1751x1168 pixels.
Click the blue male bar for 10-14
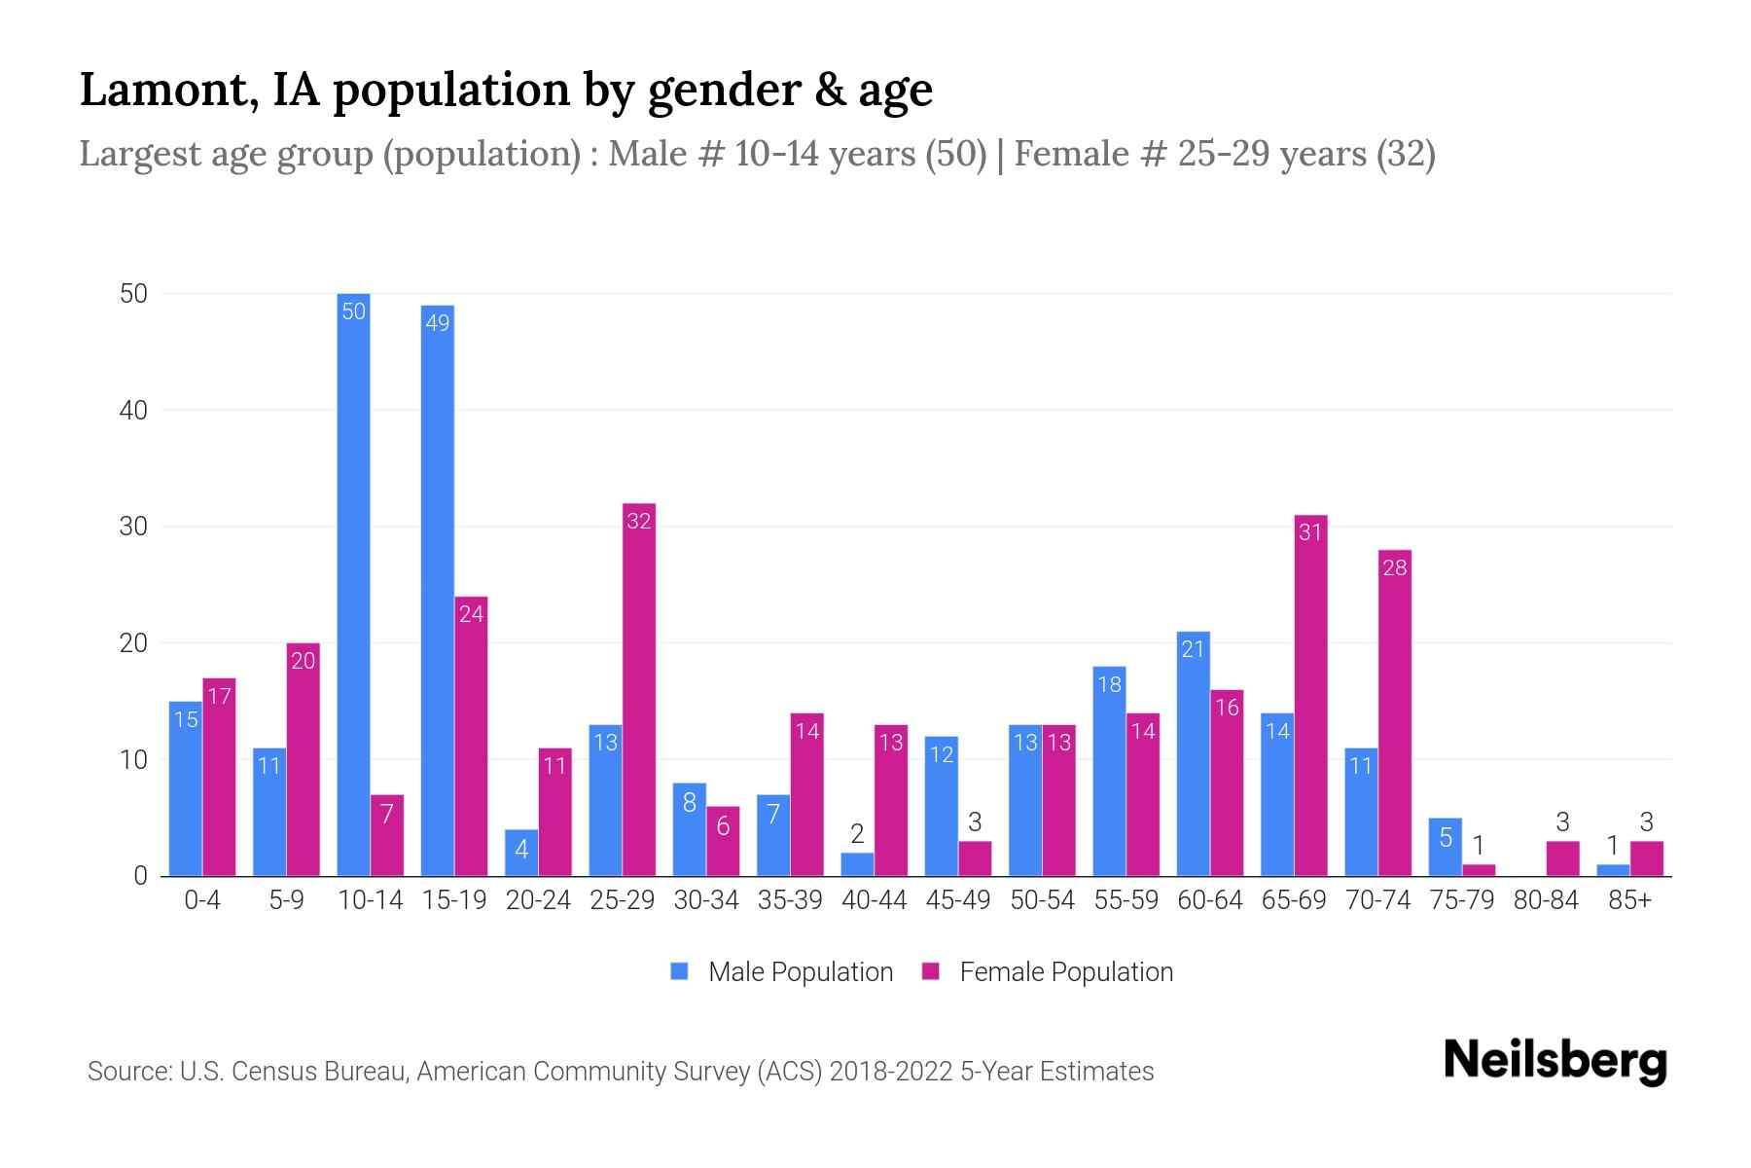click(353, 584)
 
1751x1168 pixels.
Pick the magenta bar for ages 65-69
click(1310, 695)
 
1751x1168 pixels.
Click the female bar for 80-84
click(1562, 858)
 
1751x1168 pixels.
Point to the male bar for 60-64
click(1193, 753)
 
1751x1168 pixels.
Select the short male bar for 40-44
click(857, 864)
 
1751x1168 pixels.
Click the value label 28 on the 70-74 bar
click(1394, 567)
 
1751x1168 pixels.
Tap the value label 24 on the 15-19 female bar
click(471, 614)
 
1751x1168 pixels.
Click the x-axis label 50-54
click(1042, 900)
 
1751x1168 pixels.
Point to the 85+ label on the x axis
click(1629, 900)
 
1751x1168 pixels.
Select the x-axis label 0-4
click(202, 900)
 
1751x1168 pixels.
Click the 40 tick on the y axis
click(133, 411)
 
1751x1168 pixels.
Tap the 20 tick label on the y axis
click(133, 643)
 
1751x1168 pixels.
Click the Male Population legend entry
click(782, 971)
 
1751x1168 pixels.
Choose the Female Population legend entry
click(1048, 971)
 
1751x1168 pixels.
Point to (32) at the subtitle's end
click(1406, 154)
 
